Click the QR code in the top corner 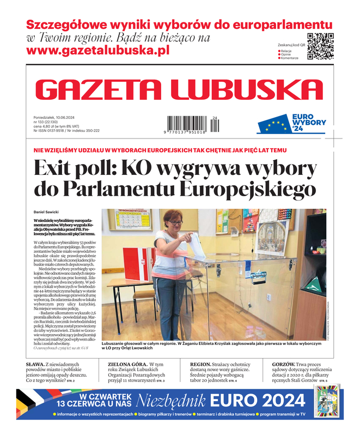point(320,46)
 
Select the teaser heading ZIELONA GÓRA point(127,364)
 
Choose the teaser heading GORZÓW point(283,364)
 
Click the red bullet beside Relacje point(279,50)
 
